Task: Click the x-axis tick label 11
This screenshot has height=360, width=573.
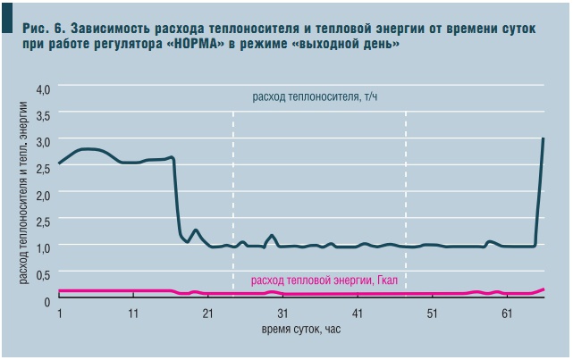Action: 133,314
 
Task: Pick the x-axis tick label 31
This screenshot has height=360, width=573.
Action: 282,314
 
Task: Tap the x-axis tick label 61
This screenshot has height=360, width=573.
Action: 507,314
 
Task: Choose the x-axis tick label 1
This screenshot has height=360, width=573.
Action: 59,314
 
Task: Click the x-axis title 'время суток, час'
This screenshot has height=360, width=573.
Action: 301,330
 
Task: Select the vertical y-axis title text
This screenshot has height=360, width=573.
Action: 24,193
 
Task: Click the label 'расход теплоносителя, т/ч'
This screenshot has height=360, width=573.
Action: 317,96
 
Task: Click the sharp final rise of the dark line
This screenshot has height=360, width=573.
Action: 540,192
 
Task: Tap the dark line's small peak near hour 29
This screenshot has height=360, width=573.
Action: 272,236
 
